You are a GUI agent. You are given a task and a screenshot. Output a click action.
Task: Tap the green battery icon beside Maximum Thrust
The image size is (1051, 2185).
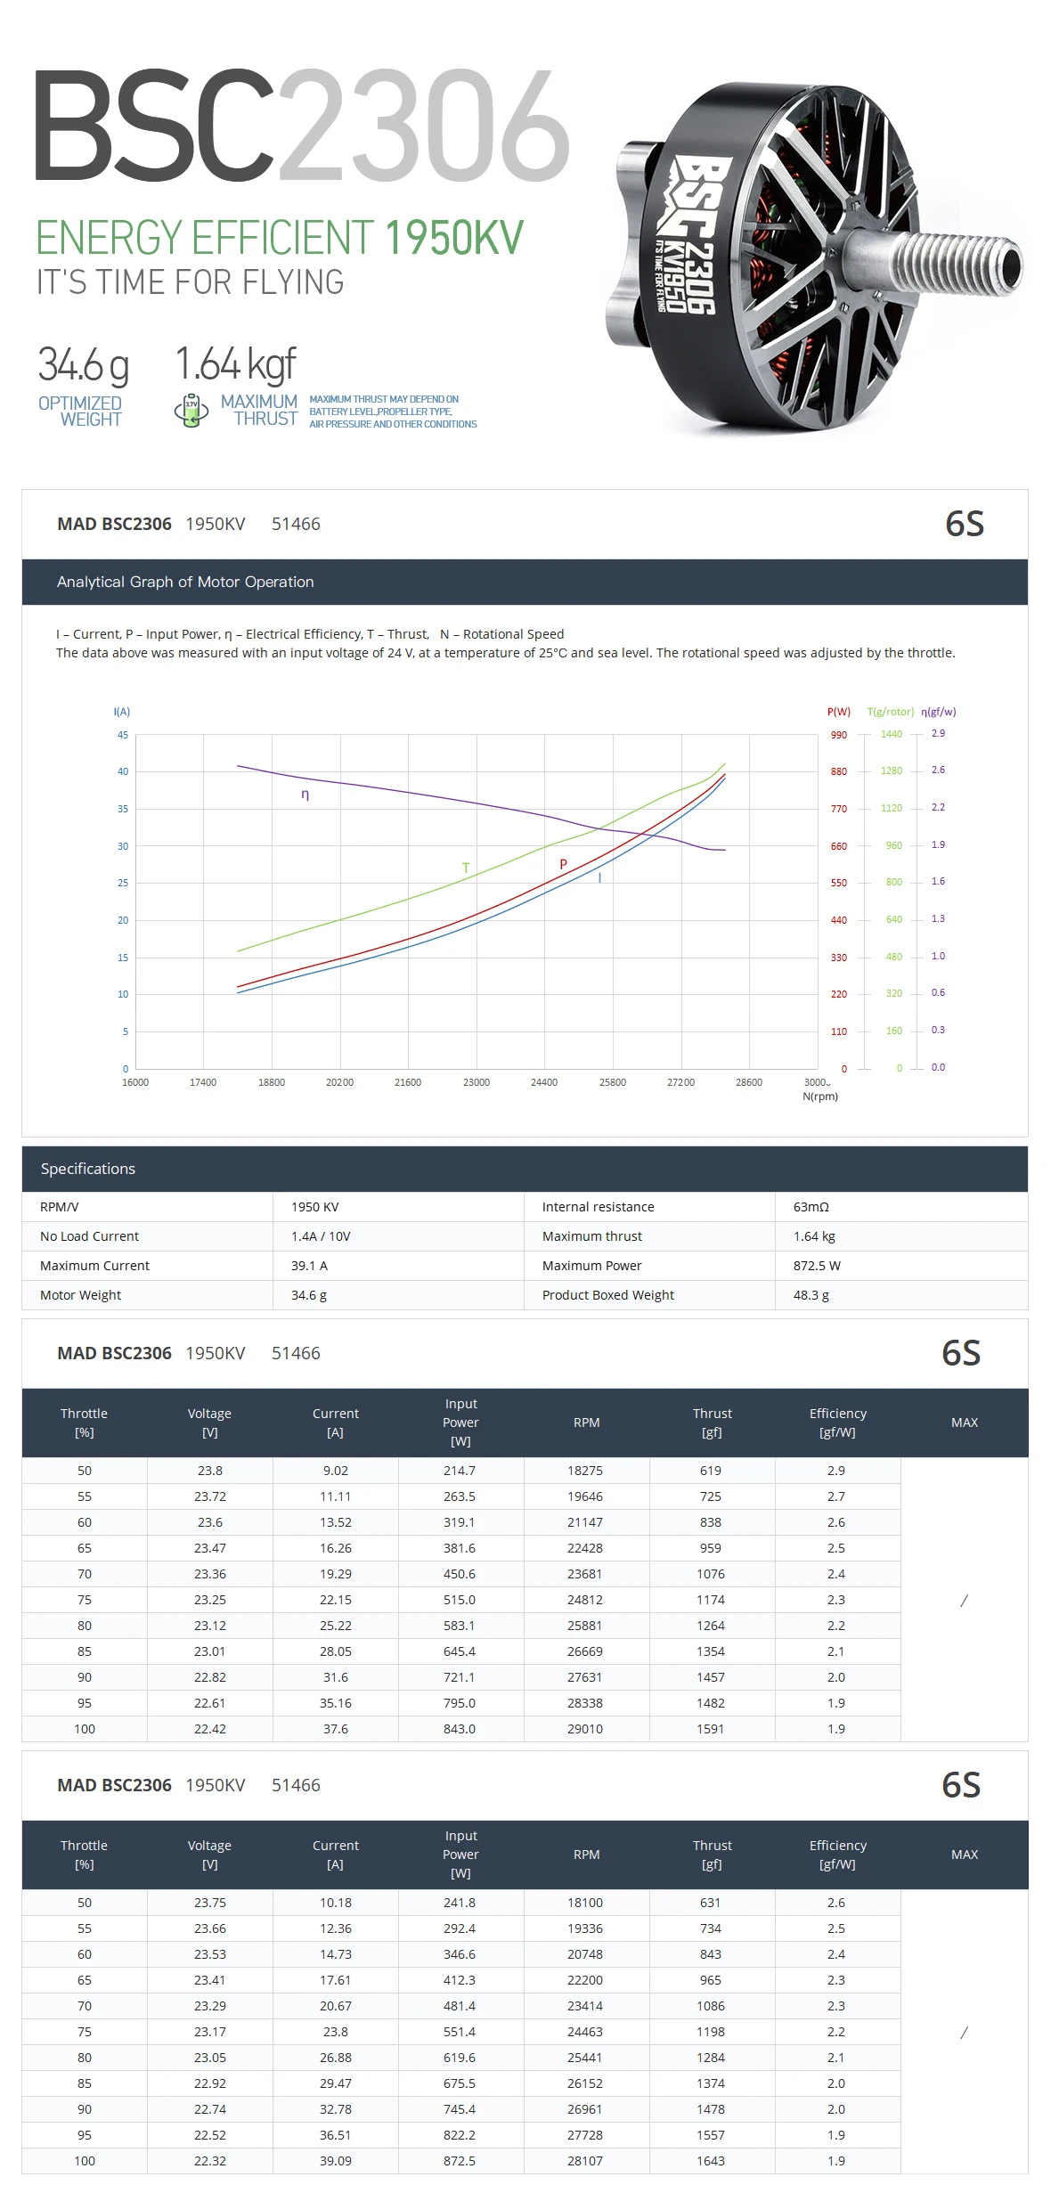[x=191, y=411]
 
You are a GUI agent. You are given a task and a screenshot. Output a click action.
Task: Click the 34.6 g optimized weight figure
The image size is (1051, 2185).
[x=83, y=364]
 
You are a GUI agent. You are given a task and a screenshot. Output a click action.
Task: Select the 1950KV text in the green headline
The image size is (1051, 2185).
[x=454, y=238]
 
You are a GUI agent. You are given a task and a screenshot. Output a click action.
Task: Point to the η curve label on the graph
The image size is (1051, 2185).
[x=306, y=794]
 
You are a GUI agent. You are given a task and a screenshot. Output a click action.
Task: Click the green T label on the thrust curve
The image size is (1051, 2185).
[x=466, y=868]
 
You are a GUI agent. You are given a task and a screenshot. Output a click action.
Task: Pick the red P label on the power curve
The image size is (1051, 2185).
[x=563, y=864]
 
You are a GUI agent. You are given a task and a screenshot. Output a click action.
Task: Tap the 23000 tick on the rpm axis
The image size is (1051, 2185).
[x=476, y=1082]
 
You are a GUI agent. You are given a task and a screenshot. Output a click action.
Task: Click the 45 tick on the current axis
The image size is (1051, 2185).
[x=123, y=735]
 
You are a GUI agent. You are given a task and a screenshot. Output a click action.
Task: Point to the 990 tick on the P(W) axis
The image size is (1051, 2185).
[x=839, y=735]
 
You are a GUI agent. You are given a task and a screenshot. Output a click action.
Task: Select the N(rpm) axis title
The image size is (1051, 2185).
[x=820, y=1097]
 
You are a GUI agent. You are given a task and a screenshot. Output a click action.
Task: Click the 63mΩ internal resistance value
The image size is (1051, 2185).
[x=811, y=1207]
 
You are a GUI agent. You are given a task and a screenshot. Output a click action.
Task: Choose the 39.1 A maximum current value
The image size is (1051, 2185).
[x=309, y=1266]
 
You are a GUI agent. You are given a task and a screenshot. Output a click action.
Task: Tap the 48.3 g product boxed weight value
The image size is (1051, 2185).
[x=811, y=1295]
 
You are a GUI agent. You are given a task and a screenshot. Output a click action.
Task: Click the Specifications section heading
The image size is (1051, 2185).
[x=88, y=1169]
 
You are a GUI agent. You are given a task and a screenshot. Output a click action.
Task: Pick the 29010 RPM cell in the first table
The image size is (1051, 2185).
[x=585, y=1729]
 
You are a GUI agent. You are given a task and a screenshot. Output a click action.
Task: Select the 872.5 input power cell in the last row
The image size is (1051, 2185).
[x=460, y=2161]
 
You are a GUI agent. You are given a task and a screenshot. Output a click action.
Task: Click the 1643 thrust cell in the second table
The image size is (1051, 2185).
[x=711, y=2161]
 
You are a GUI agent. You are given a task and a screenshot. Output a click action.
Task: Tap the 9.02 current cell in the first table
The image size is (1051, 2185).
[x=335, y=1471]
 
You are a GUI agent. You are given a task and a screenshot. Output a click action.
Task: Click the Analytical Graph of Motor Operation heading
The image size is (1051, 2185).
[x=185, y=582]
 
